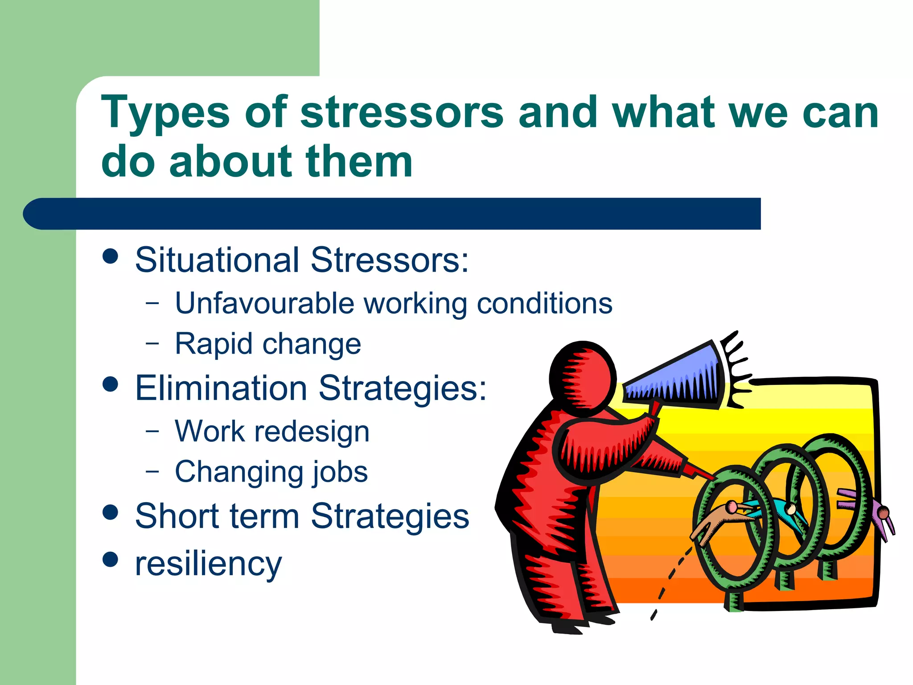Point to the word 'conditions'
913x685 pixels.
(x=544, y=303)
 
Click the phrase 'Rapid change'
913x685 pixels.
(x=267, y=344)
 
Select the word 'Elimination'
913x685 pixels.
(x=221, y=388)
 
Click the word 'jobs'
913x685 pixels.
(x=340, y=472)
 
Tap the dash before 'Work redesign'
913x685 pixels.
(x=152, y=431)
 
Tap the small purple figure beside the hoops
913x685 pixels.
(x=878, y=513)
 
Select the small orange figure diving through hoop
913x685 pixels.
(x=718, y=522)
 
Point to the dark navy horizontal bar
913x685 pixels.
(x=392, y=214)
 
